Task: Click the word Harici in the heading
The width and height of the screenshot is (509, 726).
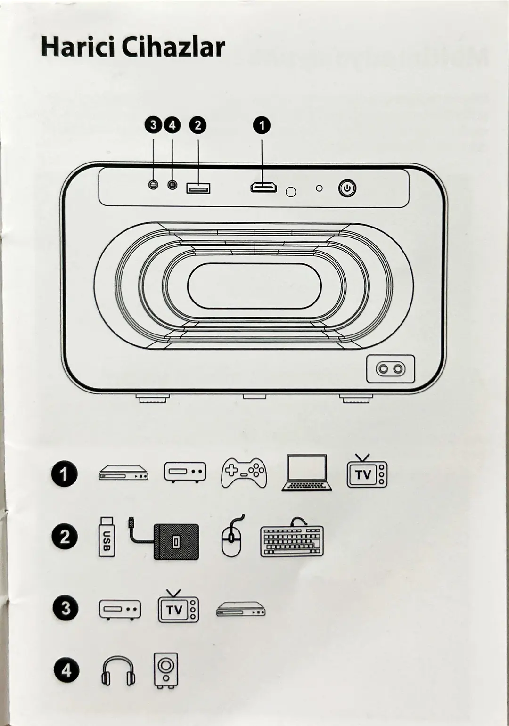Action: click(79, 47)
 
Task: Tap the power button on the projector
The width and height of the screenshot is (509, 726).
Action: click(347, 188)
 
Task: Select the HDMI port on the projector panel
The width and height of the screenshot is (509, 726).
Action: click(263, 188)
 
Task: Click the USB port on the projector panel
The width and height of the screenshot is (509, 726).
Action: click(198, 188)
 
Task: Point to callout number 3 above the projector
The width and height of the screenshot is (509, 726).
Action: click(153, 125)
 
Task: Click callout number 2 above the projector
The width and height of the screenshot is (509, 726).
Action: click(198, 125)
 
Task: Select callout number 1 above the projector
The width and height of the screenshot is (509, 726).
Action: click(262, 125)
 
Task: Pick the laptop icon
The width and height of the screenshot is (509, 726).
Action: click(307, 473)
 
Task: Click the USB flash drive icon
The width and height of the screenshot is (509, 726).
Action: click(107, 537)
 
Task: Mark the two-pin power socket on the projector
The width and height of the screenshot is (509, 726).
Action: click(390, 369)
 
